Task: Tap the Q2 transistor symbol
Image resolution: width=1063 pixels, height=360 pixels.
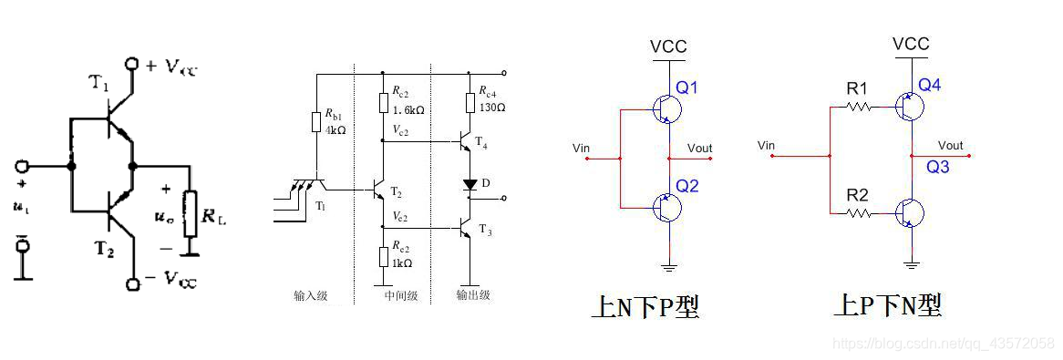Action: (x=667, y=208)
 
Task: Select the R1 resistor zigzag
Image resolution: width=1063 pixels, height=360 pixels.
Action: (x=856, y=107)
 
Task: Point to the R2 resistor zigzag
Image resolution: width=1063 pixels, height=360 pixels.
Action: (x=856, y=213)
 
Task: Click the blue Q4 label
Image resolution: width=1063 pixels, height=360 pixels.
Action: (x=930, y=85)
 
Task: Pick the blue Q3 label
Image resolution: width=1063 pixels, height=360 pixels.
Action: (x=938, y=167)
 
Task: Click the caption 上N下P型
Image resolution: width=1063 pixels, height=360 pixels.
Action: (x=645, y=307)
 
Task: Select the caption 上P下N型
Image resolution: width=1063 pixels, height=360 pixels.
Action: (x=887, y=305)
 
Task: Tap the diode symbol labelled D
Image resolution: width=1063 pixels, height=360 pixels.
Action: (x=470, y=184)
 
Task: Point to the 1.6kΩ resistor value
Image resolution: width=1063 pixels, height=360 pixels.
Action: (x=408, y=110)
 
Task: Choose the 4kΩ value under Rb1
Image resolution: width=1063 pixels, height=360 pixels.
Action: (x=335, y=129)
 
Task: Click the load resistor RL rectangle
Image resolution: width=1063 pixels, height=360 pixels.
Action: (x=190, y=211)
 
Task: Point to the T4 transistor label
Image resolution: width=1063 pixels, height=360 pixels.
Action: (x=480, y=146)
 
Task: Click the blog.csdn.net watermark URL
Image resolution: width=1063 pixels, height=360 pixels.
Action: (x=944, y=343)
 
